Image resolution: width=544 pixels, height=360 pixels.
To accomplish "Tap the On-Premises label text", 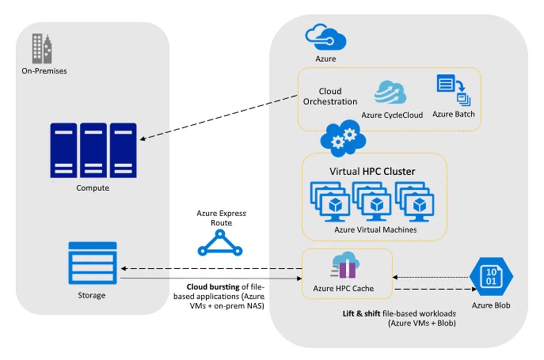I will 44,71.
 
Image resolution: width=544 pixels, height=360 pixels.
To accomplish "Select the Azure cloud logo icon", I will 326,38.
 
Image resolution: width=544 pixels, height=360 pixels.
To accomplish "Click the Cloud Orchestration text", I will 330,96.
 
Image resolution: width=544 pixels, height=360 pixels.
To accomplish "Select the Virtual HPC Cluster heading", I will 372,172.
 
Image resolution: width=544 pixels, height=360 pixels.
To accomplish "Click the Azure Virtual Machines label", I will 375,230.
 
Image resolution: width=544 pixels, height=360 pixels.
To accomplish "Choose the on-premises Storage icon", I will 92,263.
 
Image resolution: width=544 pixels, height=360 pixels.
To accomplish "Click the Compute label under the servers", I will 92,188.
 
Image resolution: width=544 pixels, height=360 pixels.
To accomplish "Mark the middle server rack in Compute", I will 93,150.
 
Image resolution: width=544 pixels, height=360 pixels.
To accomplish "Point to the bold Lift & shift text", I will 361,313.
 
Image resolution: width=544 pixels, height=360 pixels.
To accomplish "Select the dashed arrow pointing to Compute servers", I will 218,118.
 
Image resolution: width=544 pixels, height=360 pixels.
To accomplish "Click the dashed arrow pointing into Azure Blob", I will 433,289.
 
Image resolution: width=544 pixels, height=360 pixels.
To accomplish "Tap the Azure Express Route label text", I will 221,218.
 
